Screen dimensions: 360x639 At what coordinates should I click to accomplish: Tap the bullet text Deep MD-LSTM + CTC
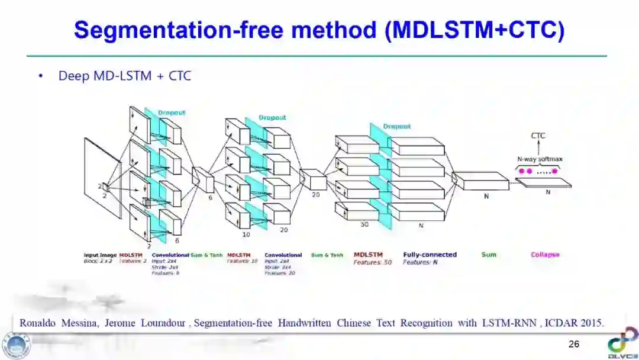124,76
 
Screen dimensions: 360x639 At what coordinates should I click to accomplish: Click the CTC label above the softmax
538,136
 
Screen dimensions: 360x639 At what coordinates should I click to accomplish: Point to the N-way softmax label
540,159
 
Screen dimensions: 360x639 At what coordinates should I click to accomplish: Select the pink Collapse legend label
544,255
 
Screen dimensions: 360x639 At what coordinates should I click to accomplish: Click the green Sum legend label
489,255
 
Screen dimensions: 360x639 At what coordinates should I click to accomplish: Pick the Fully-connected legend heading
430,255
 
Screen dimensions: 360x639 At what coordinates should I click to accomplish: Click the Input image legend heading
100,255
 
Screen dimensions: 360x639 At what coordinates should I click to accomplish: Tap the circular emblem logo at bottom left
16,345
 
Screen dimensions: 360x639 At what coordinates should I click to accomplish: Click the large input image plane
102,178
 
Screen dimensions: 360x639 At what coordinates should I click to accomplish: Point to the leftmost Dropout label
172,112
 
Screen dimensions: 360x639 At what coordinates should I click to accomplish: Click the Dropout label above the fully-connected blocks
396,126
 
